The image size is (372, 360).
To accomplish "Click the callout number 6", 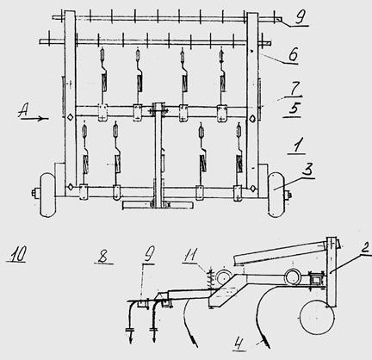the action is (293, 54).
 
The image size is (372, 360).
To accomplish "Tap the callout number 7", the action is (294, 88).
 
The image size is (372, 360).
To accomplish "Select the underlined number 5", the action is (294, 109).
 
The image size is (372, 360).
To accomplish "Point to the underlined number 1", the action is (297, 146).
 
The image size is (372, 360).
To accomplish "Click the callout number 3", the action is (307, 170).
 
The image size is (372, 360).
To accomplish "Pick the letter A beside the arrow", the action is (24, 110).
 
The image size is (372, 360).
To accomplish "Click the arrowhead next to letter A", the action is (45, 118).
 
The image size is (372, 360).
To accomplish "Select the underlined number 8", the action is (102, 256).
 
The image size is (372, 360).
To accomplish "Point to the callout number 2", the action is (365, 246).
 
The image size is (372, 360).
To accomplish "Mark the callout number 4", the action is (239, 343).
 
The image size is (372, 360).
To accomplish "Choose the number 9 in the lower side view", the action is (149, 254).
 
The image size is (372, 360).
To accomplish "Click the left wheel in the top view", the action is (47, 195).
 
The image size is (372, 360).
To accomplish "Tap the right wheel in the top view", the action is (276, 195).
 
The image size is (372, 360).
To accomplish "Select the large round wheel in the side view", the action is (317, 317).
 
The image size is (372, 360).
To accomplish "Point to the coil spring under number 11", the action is (211, 278).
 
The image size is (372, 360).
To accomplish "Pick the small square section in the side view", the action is (316, 278).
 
